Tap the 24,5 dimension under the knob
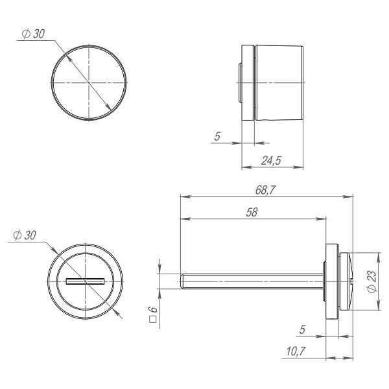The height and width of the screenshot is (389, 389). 271,160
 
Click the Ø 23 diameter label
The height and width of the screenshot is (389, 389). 371,280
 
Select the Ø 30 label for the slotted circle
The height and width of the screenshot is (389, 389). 24,235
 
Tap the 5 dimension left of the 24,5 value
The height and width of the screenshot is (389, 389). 217,137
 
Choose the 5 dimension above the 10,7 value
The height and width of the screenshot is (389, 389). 303,330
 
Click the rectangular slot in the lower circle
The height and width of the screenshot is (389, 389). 86,281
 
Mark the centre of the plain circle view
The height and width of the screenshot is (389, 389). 87,82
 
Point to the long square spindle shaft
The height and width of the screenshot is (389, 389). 253,281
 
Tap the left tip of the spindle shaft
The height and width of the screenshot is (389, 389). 181,281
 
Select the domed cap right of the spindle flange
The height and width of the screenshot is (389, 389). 346,281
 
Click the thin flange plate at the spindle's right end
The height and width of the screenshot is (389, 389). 331,281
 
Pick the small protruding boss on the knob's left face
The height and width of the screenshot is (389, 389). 239,82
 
